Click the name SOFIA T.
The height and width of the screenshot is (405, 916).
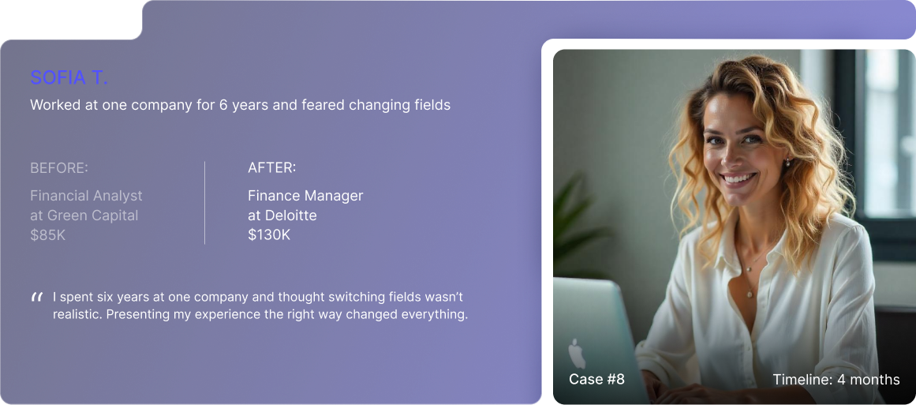click(69, 77)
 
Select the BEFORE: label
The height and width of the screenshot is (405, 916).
click(59, 168)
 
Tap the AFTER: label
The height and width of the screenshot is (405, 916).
click(271, 167)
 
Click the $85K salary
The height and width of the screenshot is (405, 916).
click(48, 235)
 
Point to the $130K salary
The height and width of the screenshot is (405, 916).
click(269, 235)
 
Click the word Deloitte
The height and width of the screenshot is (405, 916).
click(290, 215)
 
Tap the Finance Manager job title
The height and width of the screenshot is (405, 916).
click(305, 196)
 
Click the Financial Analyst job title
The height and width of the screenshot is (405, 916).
click(87, 196)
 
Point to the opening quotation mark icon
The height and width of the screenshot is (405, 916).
click(37, 298)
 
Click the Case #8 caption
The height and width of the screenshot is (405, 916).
click(596, 379)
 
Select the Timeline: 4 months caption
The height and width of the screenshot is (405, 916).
click(836, 379)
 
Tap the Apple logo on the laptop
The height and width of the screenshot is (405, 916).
click(577, 354)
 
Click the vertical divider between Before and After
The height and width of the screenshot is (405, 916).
click(204, 203)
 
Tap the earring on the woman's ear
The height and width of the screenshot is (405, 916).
click(787, 163)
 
